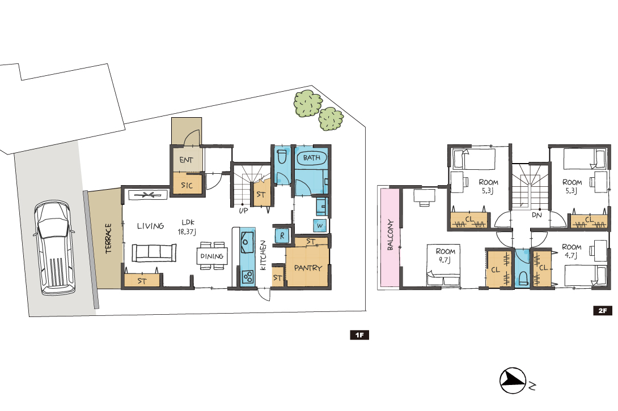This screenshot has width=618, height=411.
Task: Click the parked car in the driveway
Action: coord(54,247)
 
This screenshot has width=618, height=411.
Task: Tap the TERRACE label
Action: coord(108,238)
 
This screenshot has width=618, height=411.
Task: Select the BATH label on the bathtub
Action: coord(311,158)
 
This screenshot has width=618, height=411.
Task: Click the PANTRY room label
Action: coord(308,268)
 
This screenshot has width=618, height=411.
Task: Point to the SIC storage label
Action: coord(187,185)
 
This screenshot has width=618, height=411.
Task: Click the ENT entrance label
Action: coord(186,160)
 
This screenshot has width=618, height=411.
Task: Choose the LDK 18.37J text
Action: coord(187,227)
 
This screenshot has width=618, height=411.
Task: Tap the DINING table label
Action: coord(212,256)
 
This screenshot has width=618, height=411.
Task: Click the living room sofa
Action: coord(154,252)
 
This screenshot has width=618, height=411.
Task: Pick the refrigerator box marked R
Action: coord(282,236)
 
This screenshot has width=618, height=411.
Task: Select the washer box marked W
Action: coord(320,225)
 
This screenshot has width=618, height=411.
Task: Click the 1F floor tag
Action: coord(359,335)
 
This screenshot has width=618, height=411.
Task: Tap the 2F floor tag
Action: coord(603,311)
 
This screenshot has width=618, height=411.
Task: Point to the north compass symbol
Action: coord(513,380)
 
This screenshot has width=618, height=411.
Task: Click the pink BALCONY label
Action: coord(390,235)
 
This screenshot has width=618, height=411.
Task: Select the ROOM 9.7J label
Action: coord(446,255)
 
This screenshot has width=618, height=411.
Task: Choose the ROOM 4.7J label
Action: coord(572,251)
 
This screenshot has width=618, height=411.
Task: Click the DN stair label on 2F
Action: coord(537,215)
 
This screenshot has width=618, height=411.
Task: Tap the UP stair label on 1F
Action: coord(244,211)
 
